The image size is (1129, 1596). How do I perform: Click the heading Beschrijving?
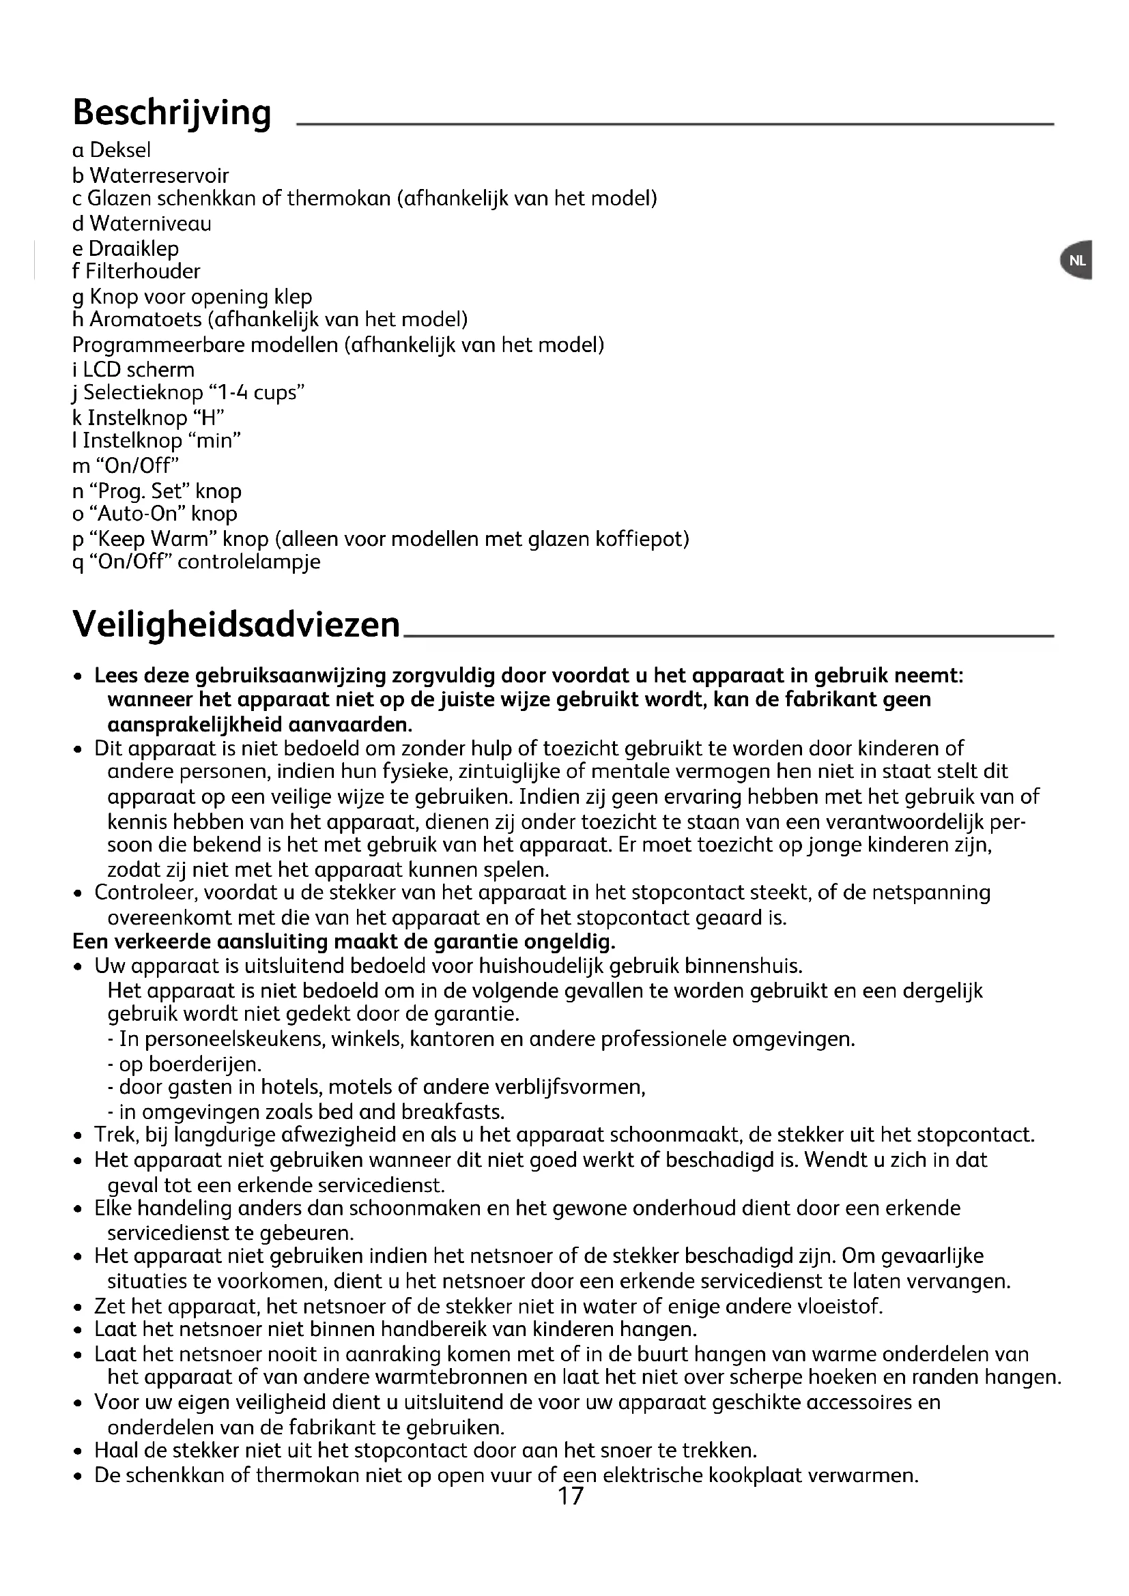pyautogui.click(x=172, y=113)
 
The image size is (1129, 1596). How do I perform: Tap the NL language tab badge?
pyautogui.click(x=1077, y=261)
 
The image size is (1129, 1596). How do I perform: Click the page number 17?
pyautogui.click(x=570, y=1495)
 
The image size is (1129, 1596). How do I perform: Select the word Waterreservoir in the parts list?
pyautogui.click(x=159, y=175)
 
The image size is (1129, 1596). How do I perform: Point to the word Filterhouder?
pyautogui.click(x=143, y=271)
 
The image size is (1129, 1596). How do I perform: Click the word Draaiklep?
pyautogui.click(x=134, y=248)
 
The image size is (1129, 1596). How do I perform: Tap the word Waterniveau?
pyautogui.click(x=150, y=223)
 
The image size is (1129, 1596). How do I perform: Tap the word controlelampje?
pyautogui.click(x=249, y=562)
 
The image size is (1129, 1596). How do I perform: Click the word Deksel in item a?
pyautogui.click(x=120, y=150)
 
